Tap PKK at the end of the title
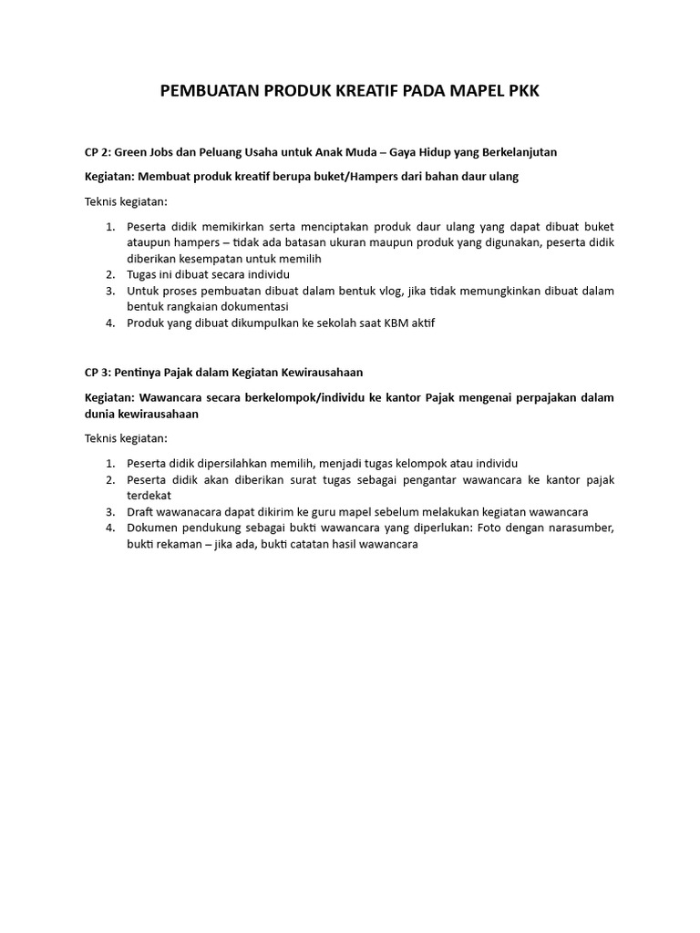(x=520, y=92)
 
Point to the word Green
(x=133, y=151)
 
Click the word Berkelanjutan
(x=517, y=151)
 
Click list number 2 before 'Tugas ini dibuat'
(x=109, y=274)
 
